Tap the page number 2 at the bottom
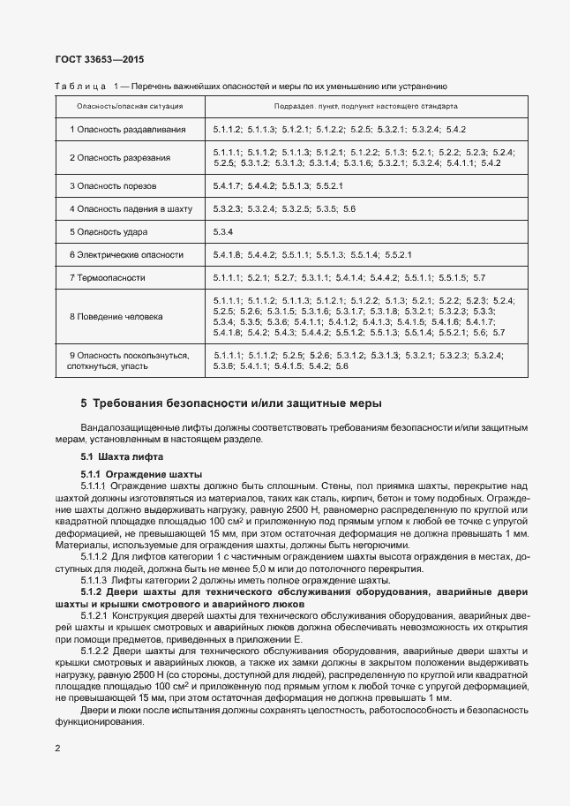(x=57, y=748)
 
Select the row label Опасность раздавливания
(x=128, y=130)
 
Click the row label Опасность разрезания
(x=120, y=158)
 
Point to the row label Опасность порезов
(x=113, y=186)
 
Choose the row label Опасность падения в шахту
(x=130, y=208)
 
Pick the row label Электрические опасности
(x=127, y=255)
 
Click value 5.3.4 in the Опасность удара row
(x=222, y=232)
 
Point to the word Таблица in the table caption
(x=80, y=87)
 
